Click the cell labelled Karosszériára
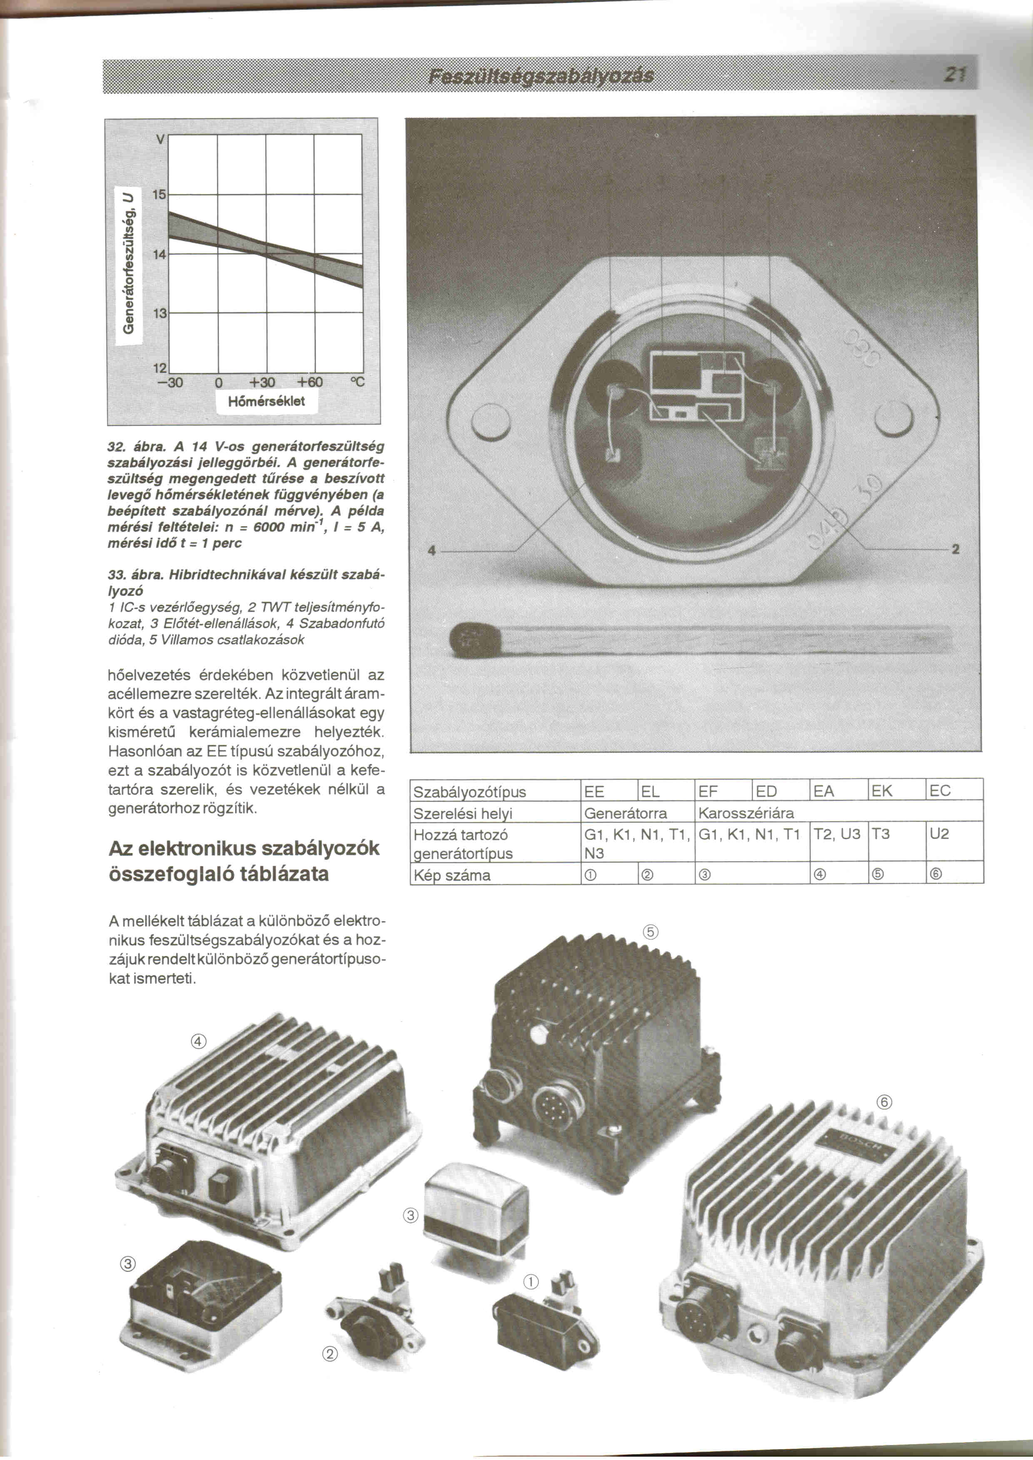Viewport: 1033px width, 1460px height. [x=746, y=813]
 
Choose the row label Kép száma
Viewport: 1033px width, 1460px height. [x=452, y=875]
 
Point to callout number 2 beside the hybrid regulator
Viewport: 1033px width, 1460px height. [x=955, y=550]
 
